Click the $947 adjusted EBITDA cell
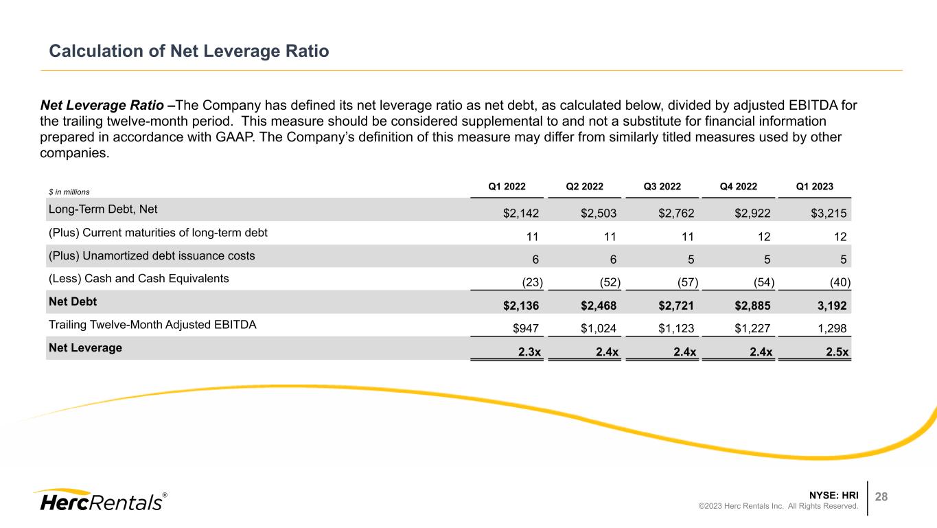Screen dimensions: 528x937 point(525,330)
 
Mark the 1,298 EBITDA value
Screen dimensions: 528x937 point(833,330)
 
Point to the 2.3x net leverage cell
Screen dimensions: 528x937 point(527,353)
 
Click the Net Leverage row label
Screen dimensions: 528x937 point(85,347)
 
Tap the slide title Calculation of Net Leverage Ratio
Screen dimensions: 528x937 point(189,51)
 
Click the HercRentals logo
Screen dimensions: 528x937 point(99,501)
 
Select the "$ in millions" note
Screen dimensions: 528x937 point(69,192)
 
